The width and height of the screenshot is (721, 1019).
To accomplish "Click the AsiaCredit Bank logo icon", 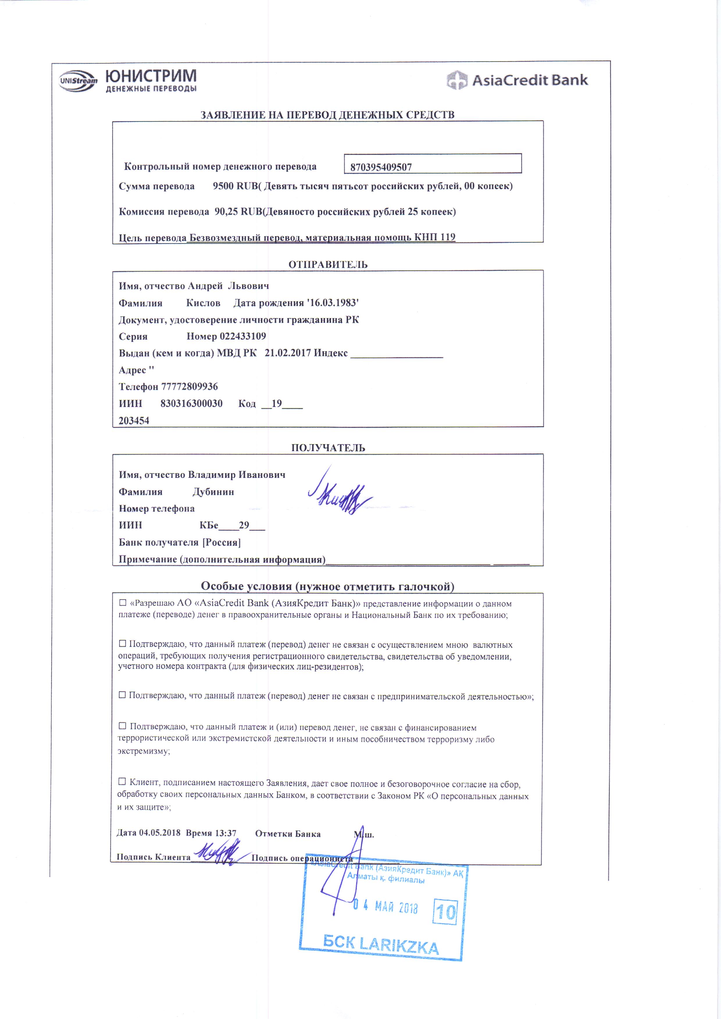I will coord(457,80).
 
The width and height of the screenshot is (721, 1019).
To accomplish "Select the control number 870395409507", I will coord(381,167).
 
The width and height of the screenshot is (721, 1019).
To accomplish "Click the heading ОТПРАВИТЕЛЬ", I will coord(328,265).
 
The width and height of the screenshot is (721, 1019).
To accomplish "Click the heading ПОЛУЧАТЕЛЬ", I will coord(328,448).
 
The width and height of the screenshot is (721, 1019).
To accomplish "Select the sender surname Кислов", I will coord(203,303).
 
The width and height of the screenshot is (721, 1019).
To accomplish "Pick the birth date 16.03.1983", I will coord(334,303).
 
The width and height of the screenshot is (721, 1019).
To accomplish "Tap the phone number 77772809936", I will coord(189,387).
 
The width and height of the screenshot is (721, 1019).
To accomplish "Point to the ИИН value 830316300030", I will coord(192,403).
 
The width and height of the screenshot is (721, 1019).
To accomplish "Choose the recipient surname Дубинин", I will coord(213,492).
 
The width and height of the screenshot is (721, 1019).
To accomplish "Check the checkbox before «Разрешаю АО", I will coord(123,603).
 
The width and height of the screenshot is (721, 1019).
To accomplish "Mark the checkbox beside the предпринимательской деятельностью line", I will coord(122,695).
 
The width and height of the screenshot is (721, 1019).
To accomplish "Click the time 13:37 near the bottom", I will coord(226,833).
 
